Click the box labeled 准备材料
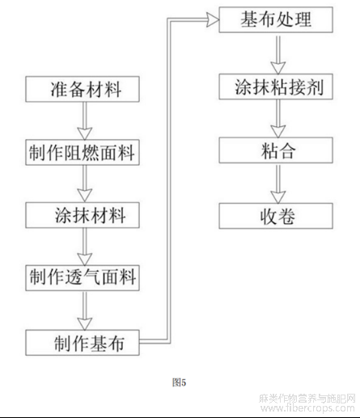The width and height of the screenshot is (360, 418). pos(83,89)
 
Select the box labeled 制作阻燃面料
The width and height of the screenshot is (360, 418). pos(83,152)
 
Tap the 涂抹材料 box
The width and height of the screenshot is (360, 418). pos(83,215)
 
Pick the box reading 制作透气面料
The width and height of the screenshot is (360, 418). pos(83,278)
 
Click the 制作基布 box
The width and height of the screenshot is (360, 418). pos(83,343)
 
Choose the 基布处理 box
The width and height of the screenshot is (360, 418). pos(276,20)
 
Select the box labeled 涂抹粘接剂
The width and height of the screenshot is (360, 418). pos(276,87)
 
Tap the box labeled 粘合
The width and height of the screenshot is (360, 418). pos(276,150)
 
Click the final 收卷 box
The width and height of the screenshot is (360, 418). pos(276,216)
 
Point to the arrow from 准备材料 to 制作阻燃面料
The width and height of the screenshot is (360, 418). pos(85,120)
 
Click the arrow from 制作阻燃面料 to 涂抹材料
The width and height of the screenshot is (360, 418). pos(85,184)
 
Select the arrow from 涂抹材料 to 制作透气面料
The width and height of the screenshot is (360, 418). pos(85,247)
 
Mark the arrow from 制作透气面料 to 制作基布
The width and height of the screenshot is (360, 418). pos(85,310)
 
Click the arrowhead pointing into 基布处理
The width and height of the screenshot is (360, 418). pos(213,20)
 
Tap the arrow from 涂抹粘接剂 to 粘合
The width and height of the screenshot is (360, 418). pos(278,119)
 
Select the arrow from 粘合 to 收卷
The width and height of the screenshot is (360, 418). pos(278,184)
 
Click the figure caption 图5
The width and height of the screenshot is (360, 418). pos(179,382)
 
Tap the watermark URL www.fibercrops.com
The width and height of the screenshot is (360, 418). pos(308,408)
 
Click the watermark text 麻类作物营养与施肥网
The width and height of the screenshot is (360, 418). pos(307,399)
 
